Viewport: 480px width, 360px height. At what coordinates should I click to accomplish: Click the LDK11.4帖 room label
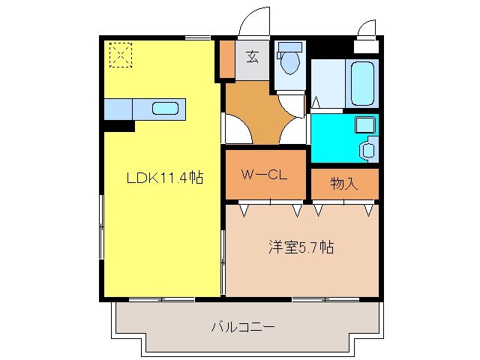click(164, 178)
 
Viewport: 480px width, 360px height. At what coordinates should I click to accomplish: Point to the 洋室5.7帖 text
click(301, 247)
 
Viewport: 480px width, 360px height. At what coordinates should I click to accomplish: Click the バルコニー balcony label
click(242, 327)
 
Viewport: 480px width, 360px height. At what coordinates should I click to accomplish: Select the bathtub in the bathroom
click(361, 83)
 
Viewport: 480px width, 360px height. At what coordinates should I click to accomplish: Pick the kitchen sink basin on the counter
click(165, 108)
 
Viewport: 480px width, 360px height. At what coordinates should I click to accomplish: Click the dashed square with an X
click(119, 54)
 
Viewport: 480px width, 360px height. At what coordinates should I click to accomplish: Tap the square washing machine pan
click(364, 124)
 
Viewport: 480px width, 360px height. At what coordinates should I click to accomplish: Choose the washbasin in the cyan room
click(367, 149)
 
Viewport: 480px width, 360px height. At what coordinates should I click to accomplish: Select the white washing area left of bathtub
click(328, 84)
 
